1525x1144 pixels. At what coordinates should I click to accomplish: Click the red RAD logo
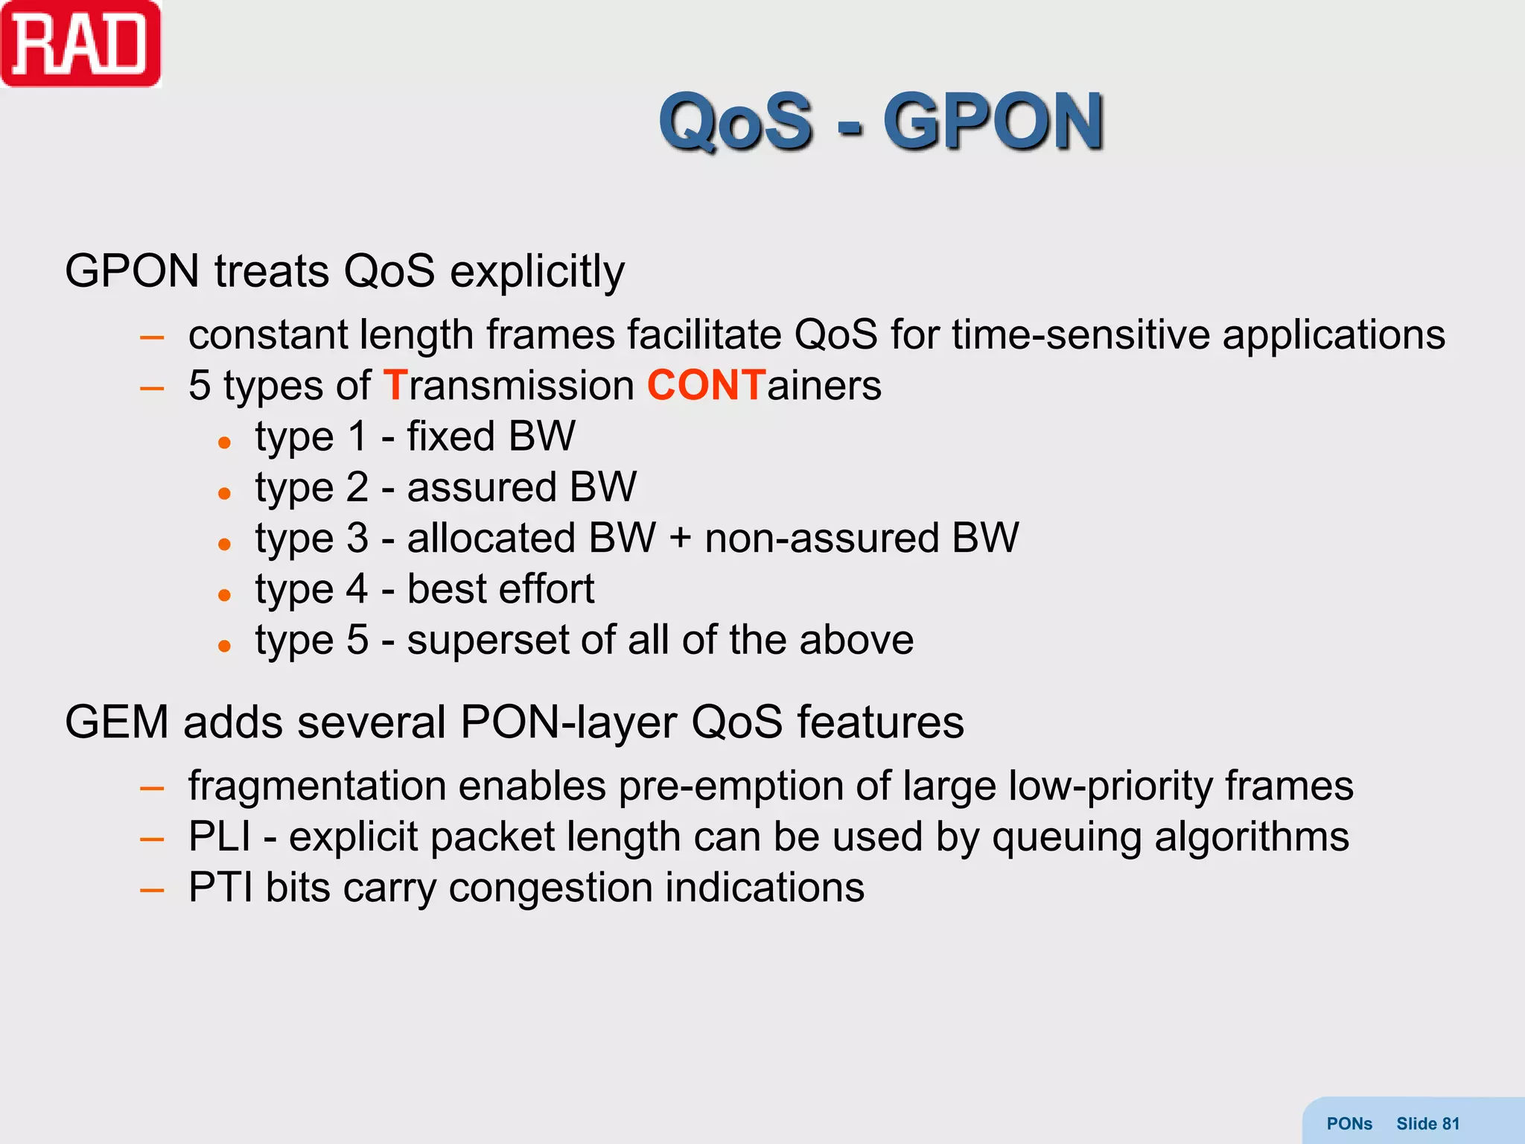[80, 45]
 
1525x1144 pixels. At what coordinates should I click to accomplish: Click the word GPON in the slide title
[993, 121]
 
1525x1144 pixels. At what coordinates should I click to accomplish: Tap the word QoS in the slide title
[736, 121]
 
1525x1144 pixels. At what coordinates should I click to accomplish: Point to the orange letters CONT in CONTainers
[706, 386]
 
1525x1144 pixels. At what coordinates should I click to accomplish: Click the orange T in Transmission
[395, 386]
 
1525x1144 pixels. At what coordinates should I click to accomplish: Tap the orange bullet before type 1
[224, 442]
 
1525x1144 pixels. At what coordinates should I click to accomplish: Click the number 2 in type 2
[357, 487]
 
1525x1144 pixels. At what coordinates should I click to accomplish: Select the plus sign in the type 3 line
[680, 538]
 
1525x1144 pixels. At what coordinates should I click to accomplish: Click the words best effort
[500, 589]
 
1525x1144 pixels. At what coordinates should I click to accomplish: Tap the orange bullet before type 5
[224, 646]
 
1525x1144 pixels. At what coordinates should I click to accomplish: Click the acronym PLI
[219, 836]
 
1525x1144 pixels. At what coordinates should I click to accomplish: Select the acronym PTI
[220, 888]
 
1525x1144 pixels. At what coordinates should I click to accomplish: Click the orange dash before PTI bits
[152, 889]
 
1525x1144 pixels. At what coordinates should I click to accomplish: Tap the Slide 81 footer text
[1427, 1124]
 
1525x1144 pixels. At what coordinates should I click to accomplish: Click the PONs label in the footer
[1349, 1124]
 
